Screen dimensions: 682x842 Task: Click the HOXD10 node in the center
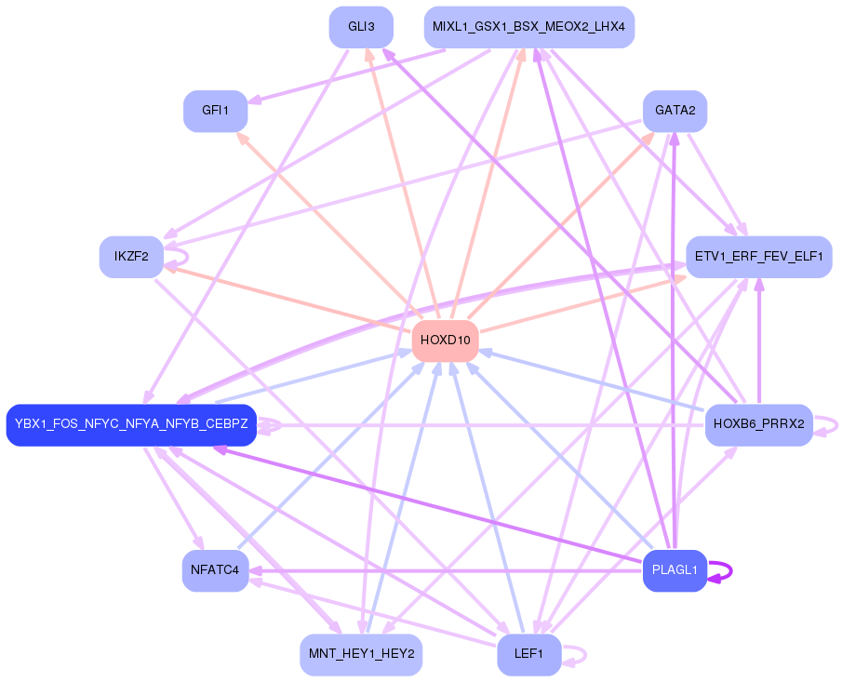(445, 340)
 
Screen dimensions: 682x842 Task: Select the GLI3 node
(361, 27)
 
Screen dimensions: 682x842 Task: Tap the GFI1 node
(215, 111)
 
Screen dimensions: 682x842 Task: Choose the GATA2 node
(675, 111)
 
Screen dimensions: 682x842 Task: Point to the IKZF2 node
(131, 257)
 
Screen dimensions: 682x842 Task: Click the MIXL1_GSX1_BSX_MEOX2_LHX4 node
(528, 27)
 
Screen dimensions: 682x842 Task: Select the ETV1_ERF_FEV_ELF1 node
(758, 257)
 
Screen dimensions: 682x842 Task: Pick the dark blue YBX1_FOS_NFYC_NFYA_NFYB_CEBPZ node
(131, 424)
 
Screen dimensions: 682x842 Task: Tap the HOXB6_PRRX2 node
(758, 424)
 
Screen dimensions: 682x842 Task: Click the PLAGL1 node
(675, 570)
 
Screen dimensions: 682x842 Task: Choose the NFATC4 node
(215, 569)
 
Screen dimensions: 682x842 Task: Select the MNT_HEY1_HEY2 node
(361, 654)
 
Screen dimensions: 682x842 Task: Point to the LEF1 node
(528, 654)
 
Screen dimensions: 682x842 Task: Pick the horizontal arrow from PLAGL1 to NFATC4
(447, 570)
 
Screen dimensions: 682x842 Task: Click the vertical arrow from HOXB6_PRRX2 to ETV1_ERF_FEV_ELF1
(759, 344)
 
